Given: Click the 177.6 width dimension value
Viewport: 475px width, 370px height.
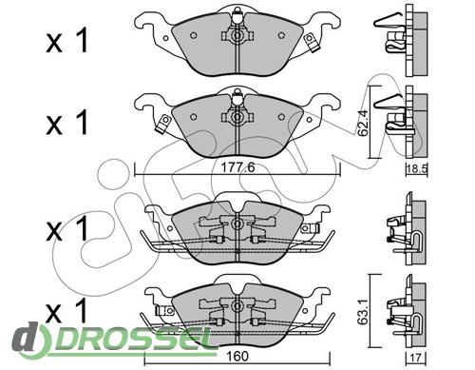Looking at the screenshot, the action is pos(237,167).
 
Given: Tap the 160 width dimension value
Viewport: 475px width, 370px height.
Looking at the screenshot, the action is pos(237,356).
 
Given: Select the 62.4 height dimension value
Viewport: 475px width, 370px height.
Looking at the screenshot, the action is pos(363,123).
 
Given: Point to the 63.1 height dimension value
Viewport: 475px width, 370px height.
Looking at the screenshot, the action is pos(363,311).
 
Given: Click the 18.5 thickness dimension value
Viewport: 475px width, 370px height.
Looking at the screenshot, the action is pos(417,169).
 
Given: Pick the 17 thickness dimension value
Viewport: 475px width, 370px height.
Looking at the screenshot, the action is pos(416,358).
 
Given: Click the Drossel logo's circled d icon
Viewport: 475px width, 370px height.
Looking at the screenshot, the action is pos(30,341).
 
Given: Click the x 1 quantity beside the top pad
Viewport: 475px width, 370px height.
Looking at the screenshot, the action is pos(66,42).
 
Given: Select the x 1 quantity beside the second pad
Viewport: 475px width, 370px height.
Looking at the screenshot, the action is pos(66,123).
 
